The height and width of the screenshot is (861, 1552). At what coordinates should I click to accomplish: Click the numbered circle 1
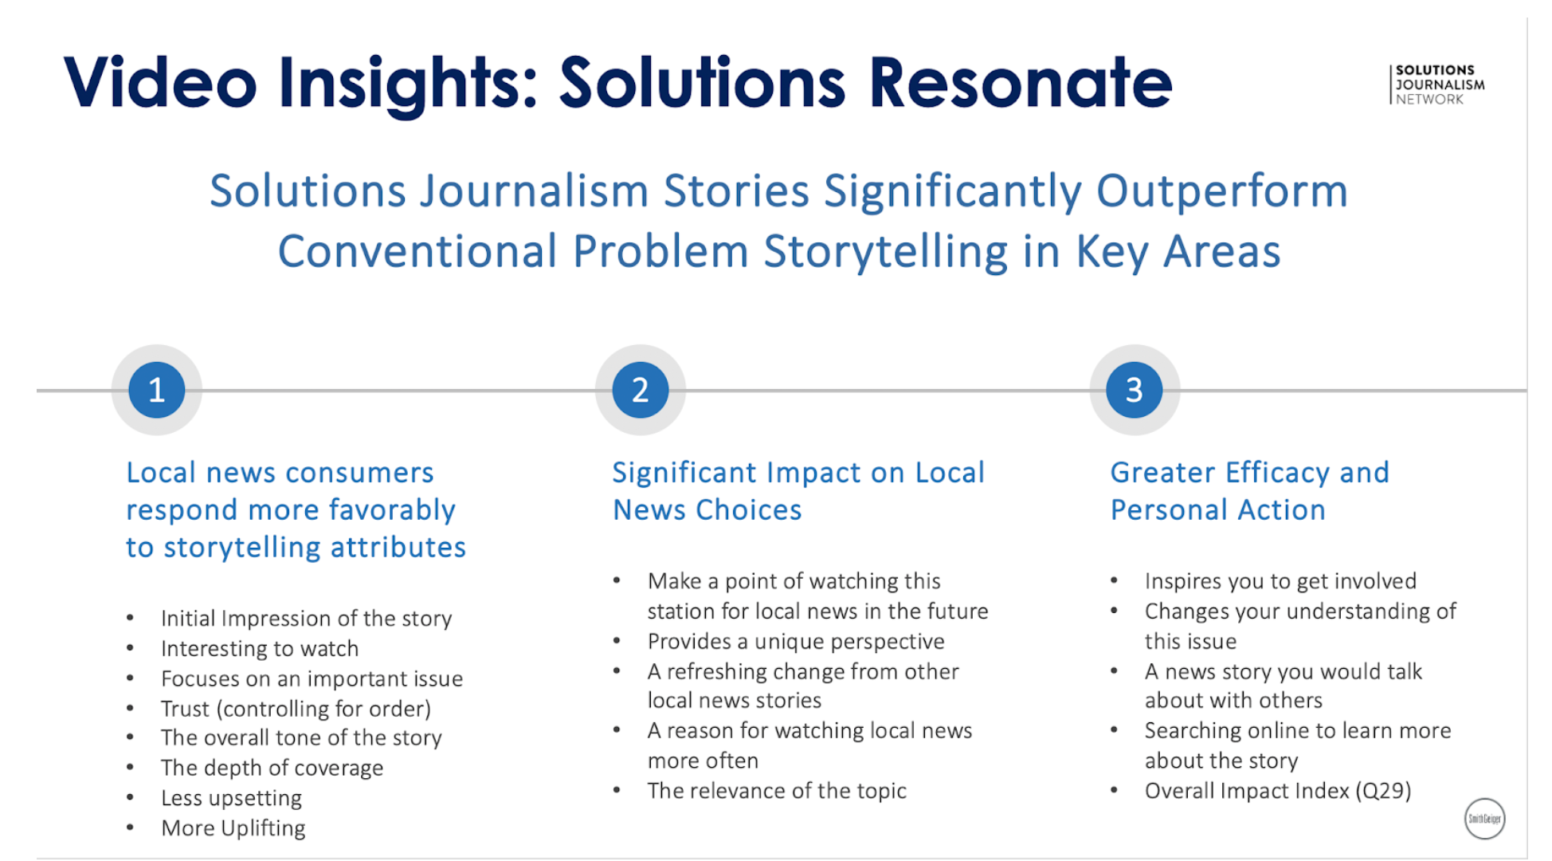coord(156,390)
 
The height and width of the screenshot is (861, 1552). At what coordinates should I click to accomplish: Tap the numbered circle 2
coord(640,390)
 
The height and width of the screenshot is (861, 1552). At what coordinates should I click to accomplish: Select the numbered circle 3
coord(1134,390)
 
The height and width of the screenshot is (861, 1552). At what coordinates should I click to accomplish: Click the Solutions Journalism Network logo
coord(1438,85)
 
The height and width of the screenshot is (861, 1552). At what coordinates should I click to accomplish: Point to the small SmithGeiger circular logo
coord(1484,819)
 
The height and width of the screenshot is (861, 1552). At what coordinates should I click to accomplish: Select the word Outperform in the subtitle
coord(1221,191)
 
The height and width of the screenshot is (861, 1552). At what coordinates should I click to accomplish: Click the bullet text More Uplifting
coord(233,828)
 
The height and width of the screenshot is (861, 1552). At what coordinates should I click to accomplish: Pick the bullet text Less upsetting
coord(231,798)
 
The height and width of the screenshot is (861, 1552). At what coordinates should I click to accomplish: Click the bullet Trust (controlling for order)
coord(296,709)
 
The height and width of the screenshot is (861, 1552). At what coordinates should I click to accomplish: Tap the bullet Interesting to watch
coord(260,649)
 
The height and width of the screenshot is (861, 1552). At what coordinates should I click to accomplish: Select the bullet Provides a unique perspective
coord(795,642)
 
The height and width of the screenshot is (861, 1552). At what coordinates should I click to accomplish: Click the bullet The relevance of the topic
coord(777,791)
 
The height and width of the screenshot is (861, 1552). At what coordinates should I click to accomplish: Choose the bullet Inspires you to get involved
coord(1280,581)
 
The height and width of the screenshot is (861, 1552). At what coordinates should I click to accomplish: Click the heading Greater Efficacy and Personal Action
coord(1248,491)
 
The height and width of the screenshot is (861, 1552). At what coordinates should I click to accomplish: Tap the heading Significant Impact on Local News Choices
coord(798,491)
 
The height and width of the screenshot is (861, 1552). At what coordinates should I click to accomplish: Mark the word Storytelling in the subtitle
coord(886,252)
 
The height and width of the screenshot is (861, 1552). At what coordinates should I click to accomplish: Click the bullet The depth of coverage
coord(272,768)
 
